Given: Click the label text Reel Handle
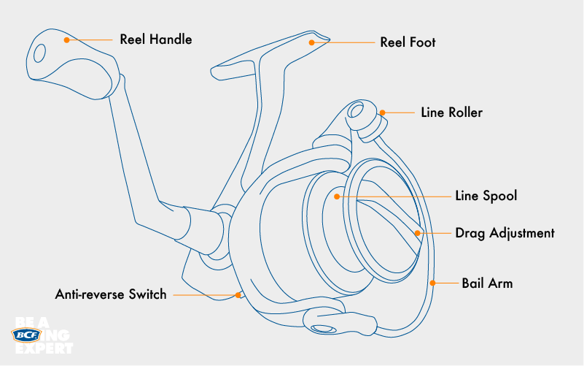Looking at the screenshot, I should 156,39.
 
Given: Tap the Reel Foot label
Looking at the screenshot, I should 408,42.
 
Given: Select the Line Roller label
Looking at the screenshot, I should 452,113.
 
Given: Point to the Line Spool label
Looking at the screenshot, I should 486,197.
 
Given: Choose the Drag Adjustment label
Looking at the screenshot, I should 505,234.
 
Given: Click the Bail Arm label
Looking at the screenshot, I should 487,283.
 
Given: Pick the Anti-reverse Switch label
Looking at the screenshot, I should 111,295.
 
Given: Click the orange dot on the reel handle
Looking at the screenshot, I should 66,39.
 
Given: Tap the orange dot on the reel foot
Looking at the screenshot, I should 311,42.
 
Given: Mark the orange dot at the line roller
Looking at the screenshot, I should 381,113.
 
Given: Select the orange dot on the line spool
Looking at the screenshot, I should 337,197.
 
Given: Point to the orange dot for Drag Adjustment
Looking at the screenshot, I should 418,234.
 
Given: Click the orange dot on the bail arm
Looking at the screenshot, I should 433,283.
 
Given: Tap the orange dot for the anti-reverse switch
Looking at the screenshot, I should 238,294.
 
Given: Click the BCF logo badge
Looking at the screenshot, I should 28,335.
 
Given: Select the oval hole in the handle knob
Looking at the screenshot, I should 40,52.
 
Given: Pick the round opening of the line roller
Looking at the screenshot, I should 357,110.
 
